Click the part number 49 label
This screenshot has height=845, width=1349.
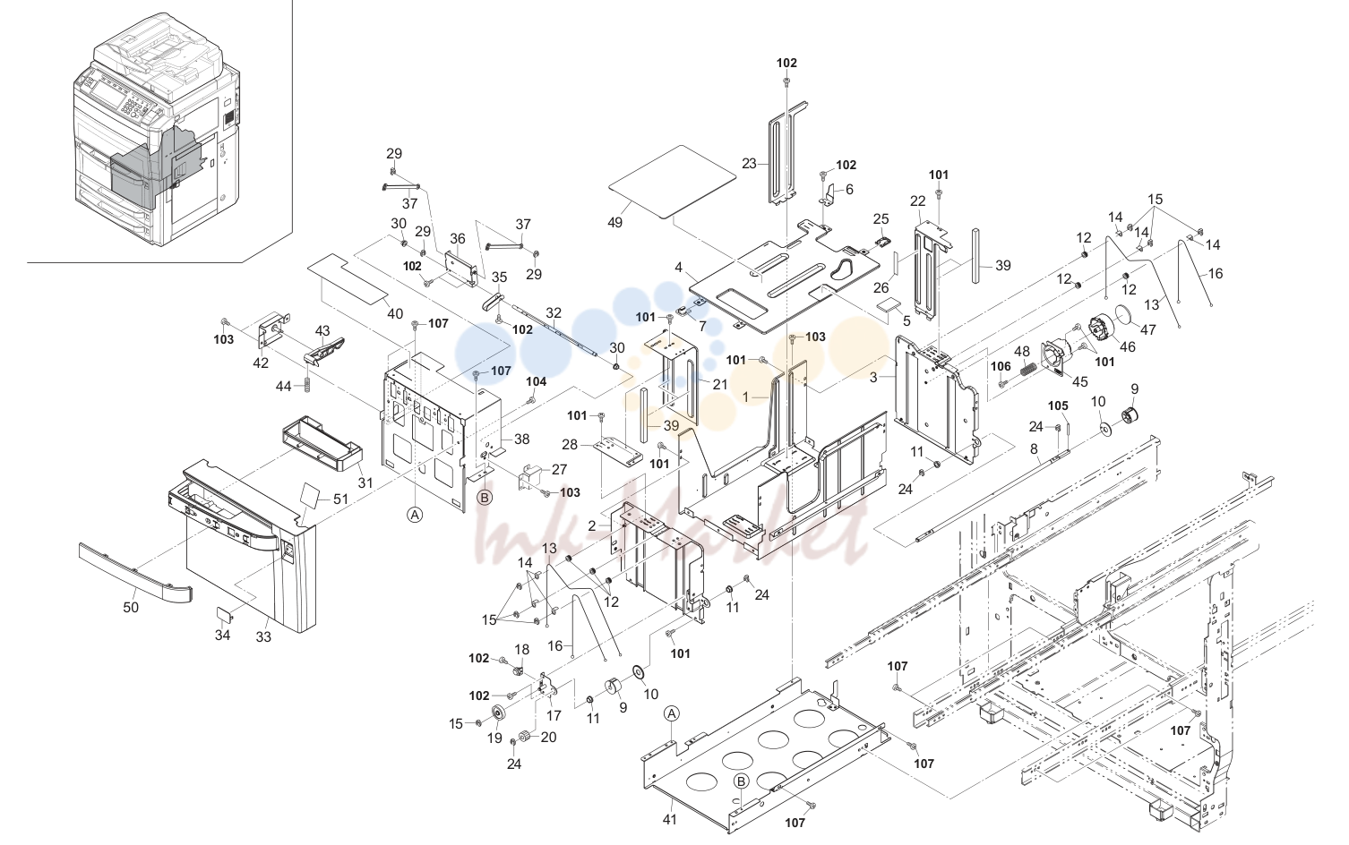point(614,223)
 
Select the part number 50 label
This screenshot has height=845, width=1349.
point(131,608)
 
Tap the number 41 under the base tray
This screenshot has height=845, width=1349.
point(670,820)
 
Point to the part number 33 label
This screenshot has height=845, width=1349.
point(263,636)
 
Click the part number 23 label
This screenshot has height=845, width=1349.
point(749,164)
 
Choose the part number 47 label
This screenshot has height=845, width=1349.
point(1147,329)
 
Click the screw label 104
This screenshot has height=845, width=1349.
point(536,381)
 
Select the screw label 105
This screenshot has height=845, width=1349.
point(1058,406)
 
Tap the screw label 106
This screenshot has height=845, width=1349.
point(1001,366)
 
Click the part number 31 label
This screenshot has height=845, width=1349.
point(365,482)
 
